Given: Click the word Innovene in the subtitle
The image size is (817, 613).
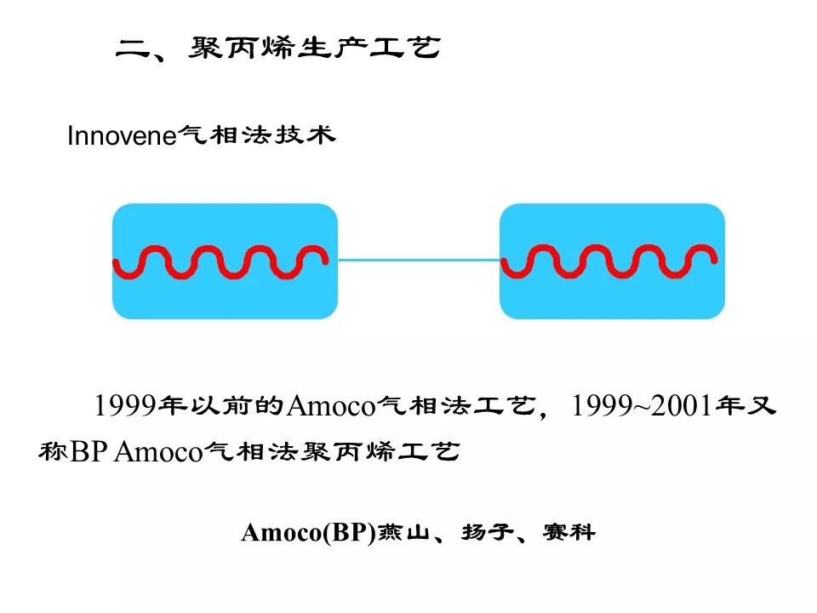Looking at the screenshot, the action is tap(120, 136).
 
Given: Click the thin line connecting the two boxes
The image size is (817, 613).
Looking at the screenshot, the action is tap(419, 260).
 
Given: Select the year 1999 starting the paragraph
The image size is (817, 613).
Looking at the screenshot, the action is tap(126, 406).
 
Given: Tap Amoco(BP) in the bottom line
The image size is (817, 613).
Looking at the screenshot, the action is tap(308, 533).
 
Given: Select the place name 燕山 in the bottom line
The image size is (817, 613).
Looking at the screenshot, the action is tap(405, 533).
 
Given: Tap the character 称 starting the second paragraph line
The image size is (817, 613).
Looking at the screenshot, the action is tap(52, 451).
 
